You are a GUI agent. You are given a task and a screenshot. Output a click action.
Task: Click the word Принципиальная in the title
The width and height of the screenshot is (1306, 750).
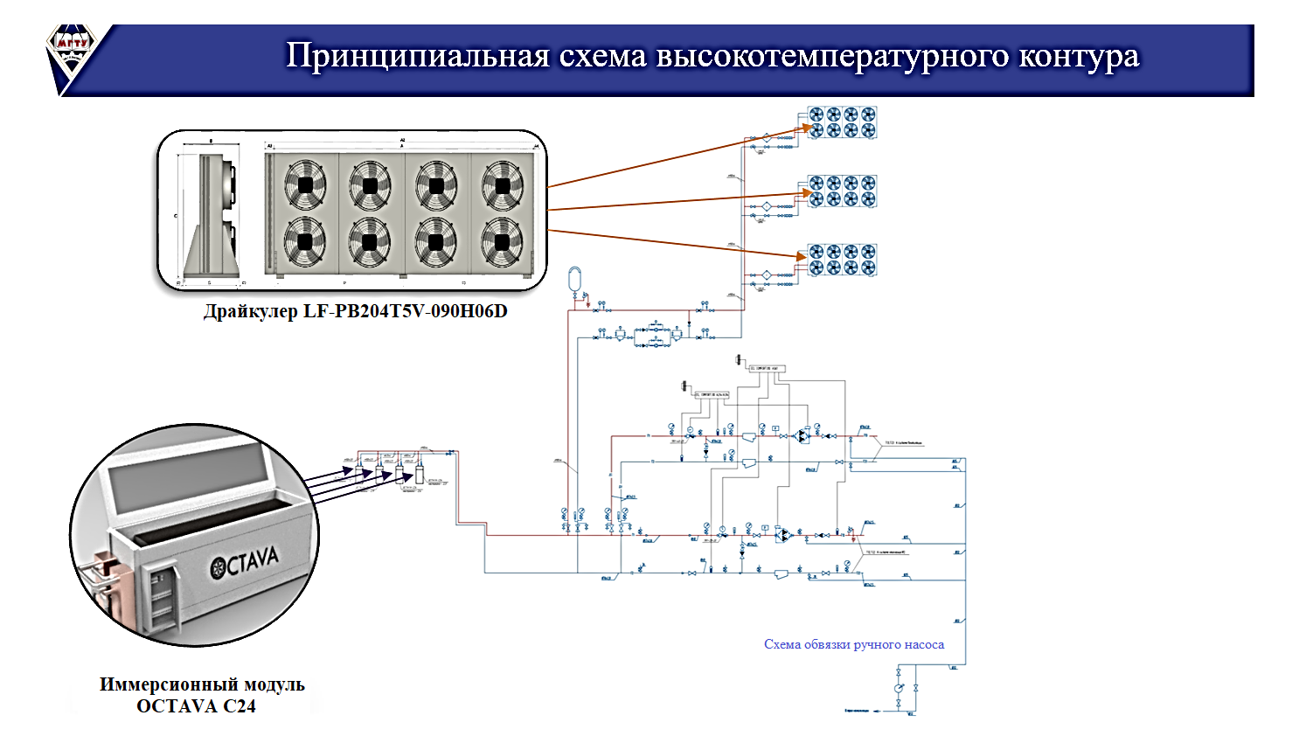click(418, 56)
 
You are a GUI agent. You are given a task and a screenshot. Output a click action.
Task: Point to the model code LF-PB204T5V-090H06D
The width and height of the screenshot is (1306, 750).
click(405, 311)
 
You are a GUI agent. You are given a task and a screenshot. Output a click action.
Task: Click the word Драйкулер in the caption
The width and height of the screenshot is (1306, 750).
click(250, 311)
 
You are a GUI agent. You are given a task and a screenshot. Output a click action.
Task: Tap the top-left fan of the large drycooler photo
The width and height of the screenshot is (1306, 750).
click(305, 185)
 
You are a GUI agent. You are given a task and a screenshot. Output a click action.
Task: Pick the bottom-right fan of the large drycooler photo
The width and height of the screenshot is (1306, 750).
click(502, 241)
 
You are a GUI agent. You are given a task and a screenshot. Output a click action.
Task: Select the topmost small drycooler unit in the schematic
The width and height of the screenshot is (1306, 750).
click(841, 122)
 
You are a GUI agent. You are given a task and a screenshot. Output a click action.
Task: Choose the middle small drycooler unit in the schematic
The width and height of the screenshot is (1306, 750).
click(841, 191)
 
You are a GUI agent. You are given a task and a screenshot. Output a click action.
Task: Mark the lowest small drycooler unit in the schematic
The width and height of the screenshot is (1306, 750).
click(841, 260)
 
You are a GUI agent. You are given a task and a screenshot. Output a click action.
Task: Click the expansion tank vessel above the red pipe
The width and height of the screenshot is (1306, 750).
click(574, 278)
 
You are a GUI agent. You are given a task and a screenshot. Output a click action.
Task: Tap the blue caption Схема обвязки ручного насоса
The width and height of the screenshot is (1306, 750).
click(853, 644)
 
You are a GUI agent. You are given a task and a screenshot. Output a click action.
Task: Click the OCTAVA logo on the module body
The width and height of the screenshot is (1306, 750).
click(245, 562)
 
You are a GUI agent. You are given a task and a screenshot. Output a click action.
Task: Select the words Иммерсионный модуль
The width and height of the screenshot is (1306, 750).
click(202, 684)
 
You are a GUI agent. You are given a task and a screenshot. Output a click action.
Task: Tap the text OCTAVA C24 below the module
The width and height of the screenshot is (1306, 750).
click(196, 706)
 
